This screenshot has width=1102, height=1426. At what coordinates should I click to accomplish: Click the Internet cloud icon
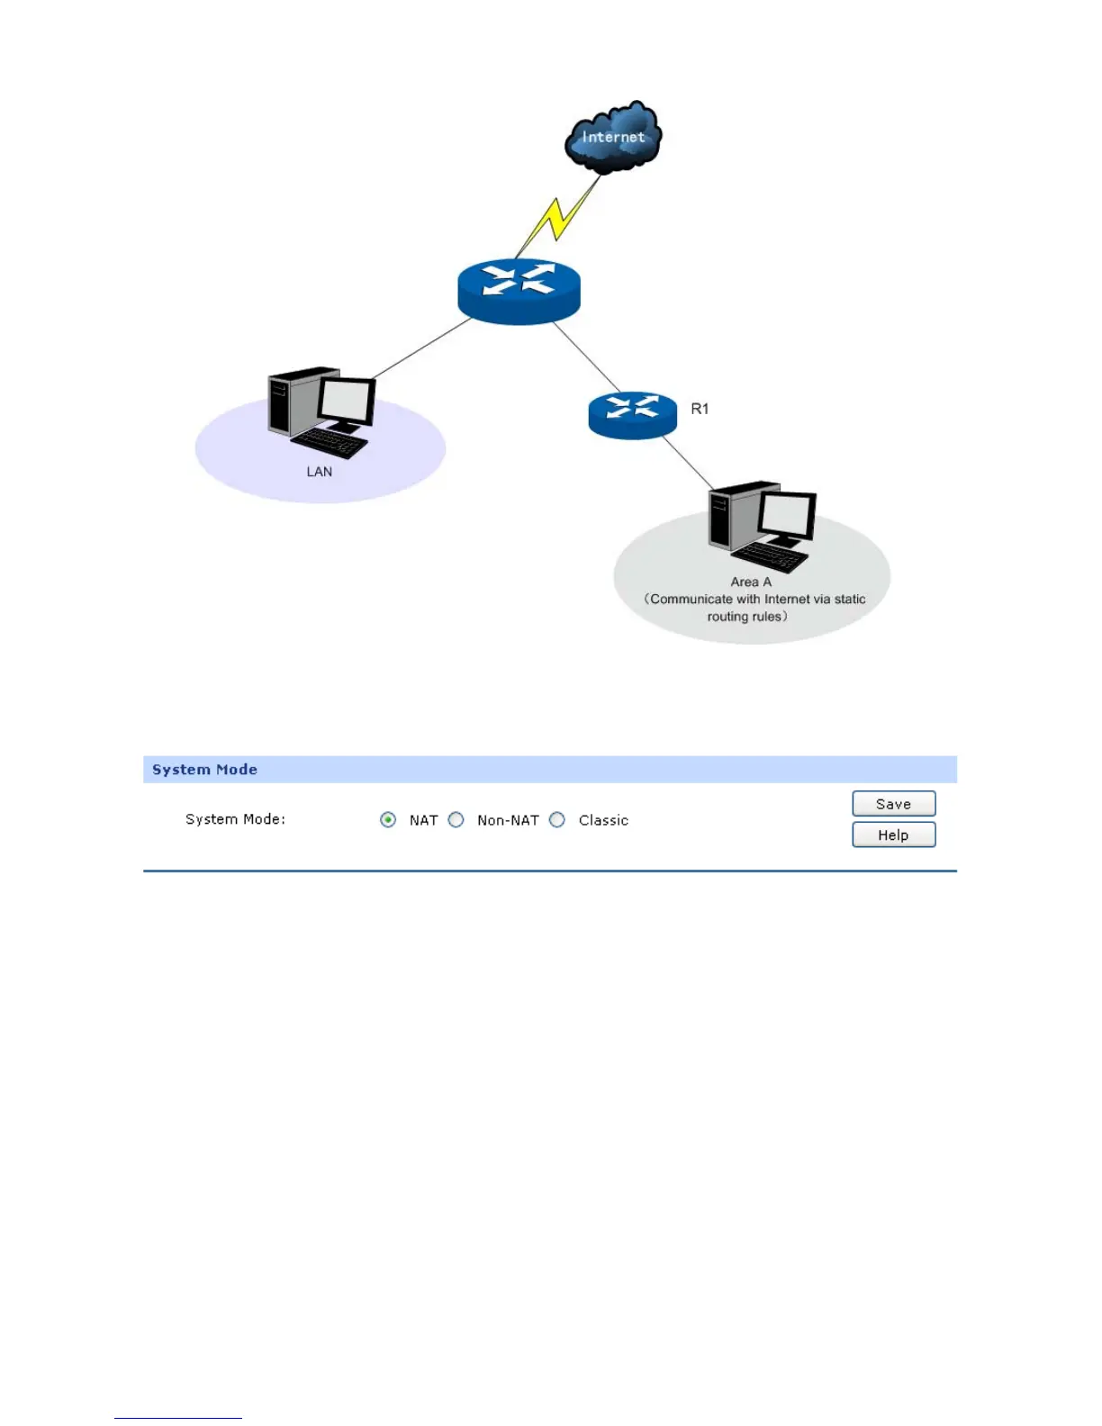tap(613, 137)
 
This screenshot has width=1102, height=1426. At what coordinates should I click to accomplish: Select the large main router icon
tap(519, 290)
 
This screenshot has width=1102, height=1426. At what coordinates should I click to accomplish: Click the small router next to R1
tap(632, 414)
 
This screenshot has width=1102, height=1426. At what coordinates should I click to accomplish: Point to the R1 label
tap(700, 409)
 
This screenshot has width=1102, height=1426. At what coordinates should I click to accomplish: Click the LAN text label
tap(320, 472)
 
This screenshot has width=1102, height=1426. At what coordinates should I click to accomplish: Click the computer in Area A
tap(762, 526)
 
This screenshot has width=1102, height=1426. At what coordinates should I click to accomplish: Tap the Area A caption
tap(751, 582)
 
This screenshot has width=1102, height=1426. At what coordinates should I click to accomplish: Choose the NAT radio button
tap(388, 820)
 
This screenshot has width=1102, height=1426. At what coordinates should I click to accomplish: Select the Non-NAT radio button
tap(456, 820)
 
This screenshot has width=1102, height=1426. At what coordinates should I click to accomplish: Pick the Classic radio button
tap(557, 820)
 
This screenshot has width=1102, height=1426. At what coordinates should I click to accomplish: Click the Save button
tap(893, 804)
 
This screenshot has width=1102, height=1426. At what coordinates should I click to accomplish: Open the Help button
tap(893, 835)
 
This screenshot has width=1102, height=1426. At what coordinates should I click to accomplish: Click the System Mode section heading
tap(205, 770)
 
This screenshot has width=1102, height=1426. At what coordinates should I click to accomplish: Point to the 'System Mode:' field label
tap(235, 819)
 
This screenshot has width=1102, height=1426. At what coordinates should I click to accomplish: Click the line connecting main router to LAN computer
tap(421, 348)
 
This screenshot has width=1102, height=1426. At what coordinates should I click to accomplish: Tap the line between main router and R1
tap(587, 356)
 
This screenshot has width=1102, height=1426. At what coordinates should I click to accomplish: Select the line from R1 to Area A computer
tap(688, 463)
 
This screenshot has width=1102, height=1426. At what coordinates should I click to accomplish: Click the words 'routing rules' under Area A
tap(745, 617)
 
